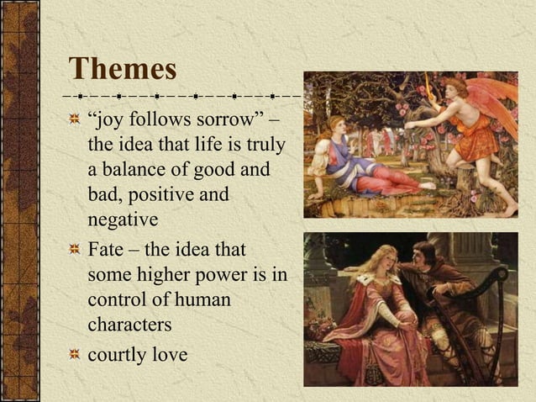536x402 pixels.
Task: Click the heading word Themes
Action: [x=123, y=68]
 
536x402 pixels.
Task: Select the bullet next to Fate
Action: [x=76, y=250]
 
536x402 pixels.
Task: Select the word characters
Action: [x=129, y=325]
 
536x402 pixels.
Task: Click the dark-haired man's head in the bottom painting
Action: [x=424, y=252]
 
